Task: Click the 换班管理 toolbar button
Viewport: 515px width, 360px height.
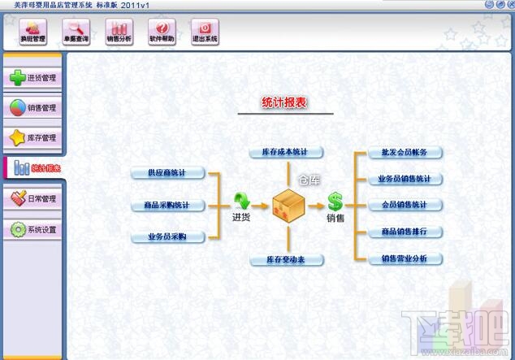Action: (33, 32)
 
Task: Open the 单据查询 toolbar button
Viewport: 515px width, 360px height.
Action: (76, 32)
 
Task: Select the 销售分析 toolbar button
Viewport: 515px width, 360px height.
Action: (119, 32)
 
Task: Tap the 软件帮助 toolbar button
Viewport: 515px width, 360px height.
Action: (162, 32)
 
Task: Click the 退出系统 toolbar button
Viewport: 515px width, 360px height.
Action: (204, 32)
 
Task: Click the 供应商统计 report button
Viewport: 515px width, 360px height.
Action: (167, 173)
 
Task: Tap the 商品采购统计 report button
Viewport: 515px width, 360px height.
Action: (167, 206)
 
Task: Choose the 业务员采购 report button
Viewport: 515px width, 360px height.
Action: (167, 237)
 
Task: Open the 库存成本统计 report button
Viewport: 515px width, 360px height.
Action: (287, 152)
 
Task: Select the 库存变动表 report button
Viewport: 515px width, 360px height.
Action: (287, 259)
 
